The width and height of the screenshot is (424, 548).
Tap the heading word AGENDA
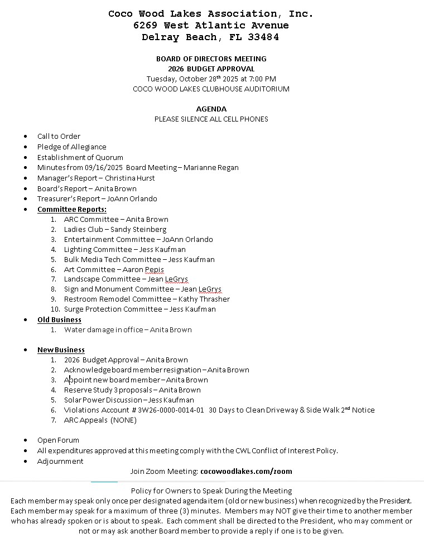pyautogui.click(x=211, y=109)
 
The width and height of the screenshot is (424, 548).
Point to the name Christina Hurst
pyautogui.click(x=130, y=178)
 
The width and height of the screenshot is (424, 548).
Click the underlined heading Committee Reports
pyautogui.click(x=72, y=209)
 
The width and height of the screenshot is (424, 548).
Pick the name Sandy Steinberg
pyautogui.click(x=138, y=229)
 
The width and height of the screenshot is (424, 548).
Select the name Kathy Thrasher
pyautogui.click(x=204, y=299)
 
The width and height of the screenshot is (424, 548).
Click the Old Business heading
pyautogui.click(x=59, y=319)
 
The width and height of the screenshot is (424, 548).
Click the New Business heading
pyautogui.click(x=61, y=350)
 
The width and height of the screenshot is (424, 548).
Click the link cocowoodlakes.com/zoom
pyautogui.click(x=246, y=471)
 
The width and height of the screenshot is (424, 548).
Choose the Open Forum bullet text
pyautogui.click(x=58, y=440)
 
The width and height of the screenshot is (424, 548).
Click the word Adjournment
pyautogui.click(x=60, y=461)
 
